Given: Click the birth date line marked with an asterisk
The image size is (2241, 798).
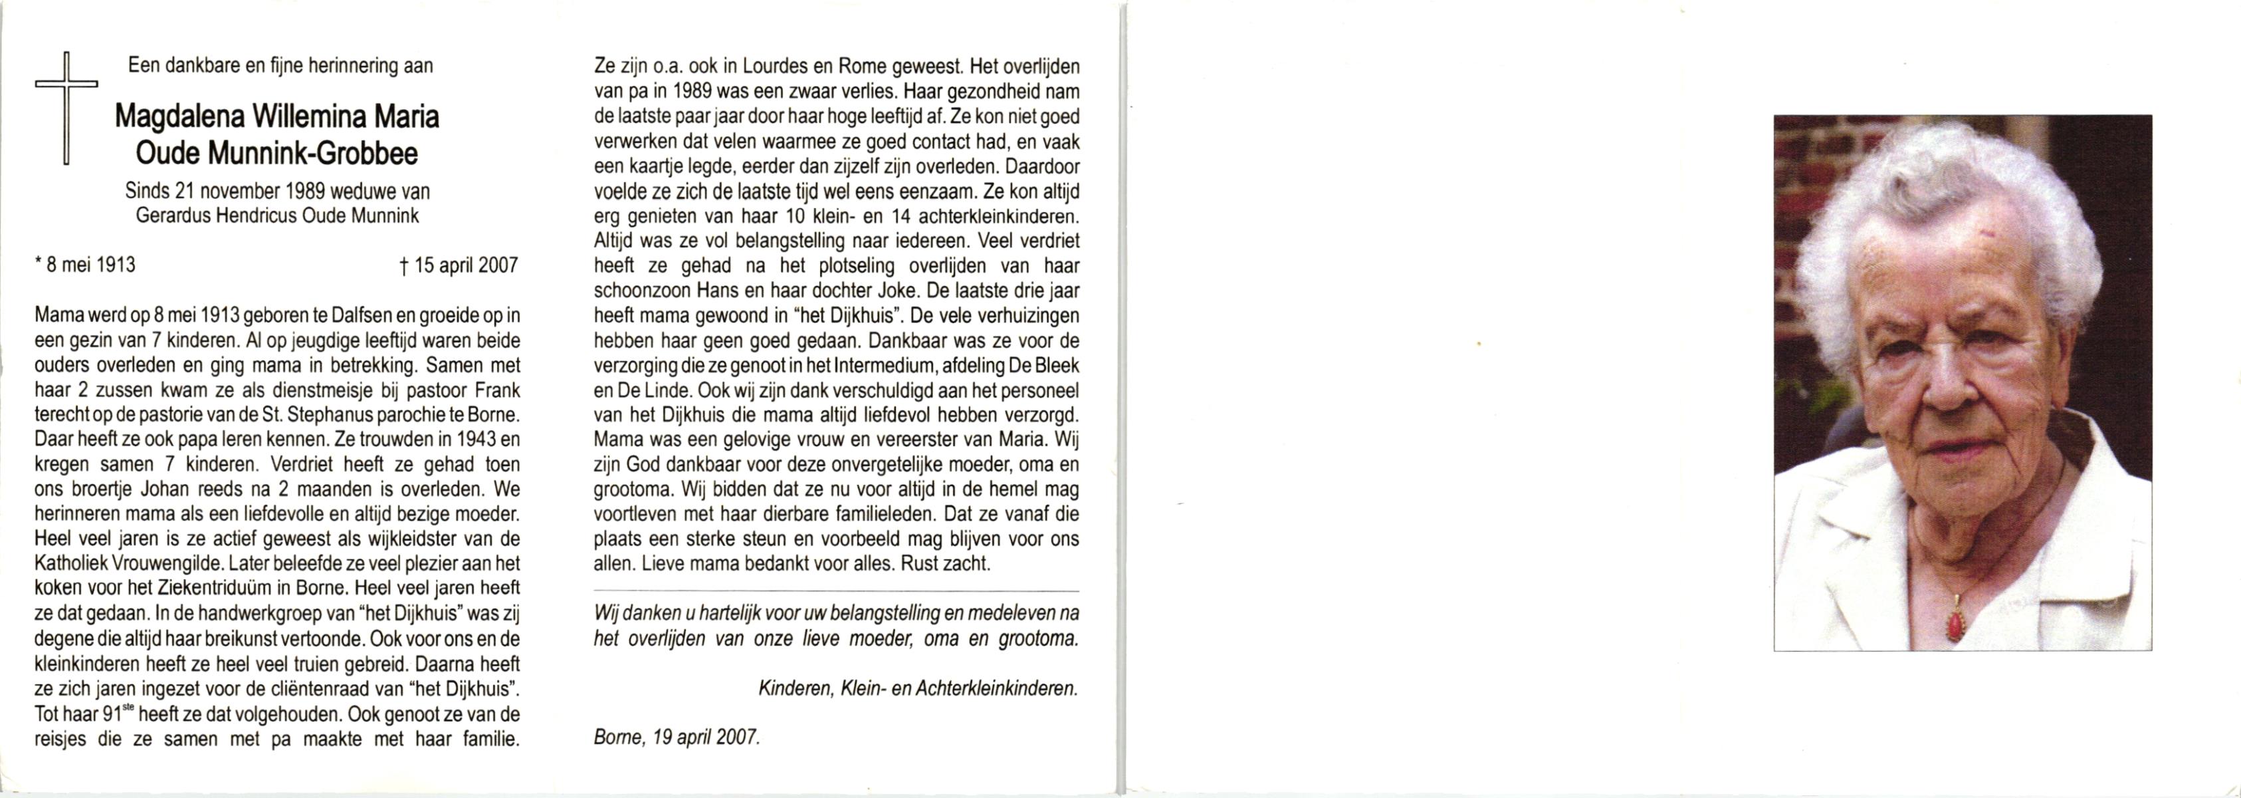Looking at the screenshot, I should (85, 265).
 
